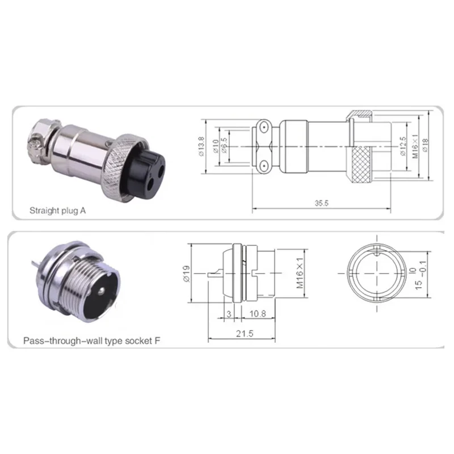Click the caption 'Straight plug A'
57,210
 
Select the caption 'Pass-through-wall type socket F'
91,342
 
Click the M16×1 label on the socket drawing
299,273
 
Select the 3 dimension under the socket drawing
229,313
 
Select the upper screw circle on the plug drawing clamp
264,125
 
